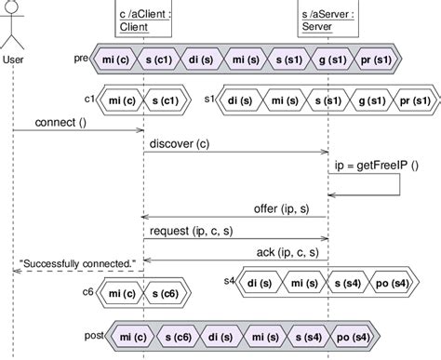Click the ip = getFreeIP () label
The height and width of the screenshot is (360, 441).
(367, 165)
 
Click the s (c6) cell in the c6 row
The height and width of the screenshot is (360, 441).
(164, 296)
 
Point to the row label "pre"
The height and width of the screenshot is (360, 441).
(80, 58)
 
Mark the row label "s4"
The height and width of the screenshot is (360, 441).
(230, 280)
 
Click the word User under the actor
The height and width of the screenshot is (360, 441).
(13, 60)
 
